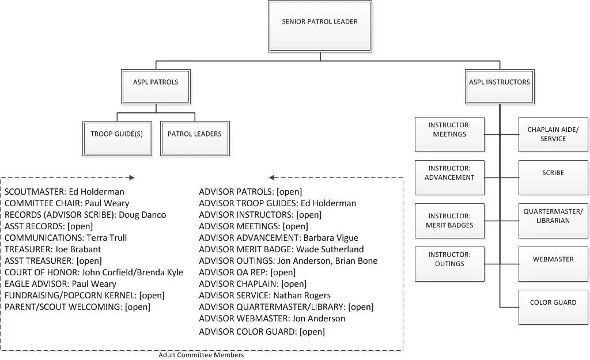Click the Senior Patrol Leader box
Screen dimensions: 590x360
tap(320, 26)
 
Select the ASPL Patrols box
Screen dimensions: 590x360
tap(156, 86)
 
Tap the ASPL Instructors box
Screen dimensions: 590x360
tap(500, 86)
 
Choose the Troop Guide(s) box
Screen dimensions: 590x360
tap(117, 138)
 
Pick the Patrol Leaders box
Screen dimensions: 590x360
tap(195, 138)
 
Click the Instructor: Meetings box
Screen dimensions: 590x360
tap(449, 134)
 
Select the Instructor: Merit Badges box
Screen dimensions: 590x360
tap(449, 221)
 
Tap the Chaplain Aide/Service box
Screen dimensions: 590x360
tap(553, 134)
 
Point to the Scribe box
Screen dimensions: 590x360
tap(553, 177)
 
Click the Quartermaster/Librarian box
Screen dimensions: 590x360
tap(553, 221)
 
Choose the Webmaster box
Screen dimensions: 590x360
tap(553, 264)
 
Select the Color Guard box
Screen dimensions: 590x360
tap(553, 308)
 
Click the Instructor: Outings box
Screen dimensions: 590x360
tap(449, 264)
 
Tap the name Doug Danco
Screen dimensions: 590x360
tap(142, 215)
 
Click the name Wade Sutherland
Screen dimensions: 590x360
tap(330, 249)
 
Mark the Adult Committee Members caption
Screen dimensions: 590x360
tap(201, 355)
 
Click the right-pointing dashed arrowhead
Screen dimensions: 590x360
tap(132, 177)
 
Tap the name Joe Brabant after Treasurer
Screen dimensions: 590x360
tap(78, 249)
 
